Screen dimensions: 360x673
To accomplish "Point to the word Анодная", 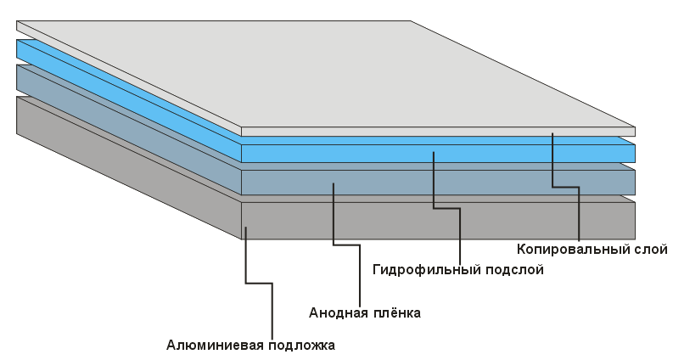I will point(337,312).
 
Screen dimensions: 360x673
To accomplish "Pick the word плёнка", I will point(397,312).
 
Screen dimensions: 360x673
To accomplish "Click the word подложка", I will point(301,345).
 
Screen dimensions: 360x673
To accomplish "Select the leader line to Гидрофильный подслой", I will point(459,233).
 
